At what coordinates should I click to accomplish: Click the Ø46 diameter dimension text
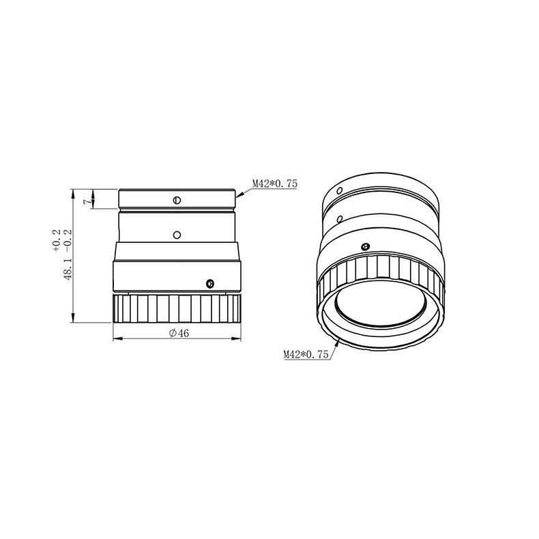179,332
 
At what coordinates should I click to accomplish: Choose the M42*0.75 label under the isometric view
306,354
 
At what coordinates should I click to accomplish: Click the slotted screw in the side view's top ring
177,200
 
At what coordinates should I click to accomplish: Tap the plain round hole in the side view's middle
177,235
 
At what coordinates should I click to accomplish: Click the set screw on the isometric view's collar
364,246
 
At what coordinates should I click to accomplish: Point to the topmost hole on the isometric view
339,190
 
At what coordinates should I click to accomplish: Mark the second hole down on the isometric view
340,219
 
